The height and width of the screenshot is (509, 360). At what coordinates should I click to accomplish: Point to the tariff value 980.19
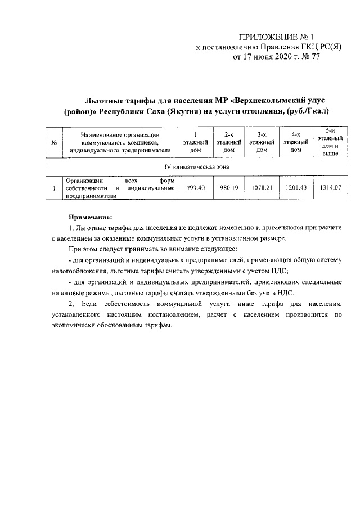point(228,188)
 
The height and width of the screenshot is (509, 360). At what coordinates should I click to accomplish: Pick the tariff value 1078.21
point(262,188)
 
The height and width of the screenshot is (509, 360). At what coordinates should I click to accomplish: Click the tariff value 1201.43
point(296,188)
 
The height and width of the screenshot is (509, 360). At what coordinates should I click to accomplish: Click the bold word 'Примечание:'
point(91,217)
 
